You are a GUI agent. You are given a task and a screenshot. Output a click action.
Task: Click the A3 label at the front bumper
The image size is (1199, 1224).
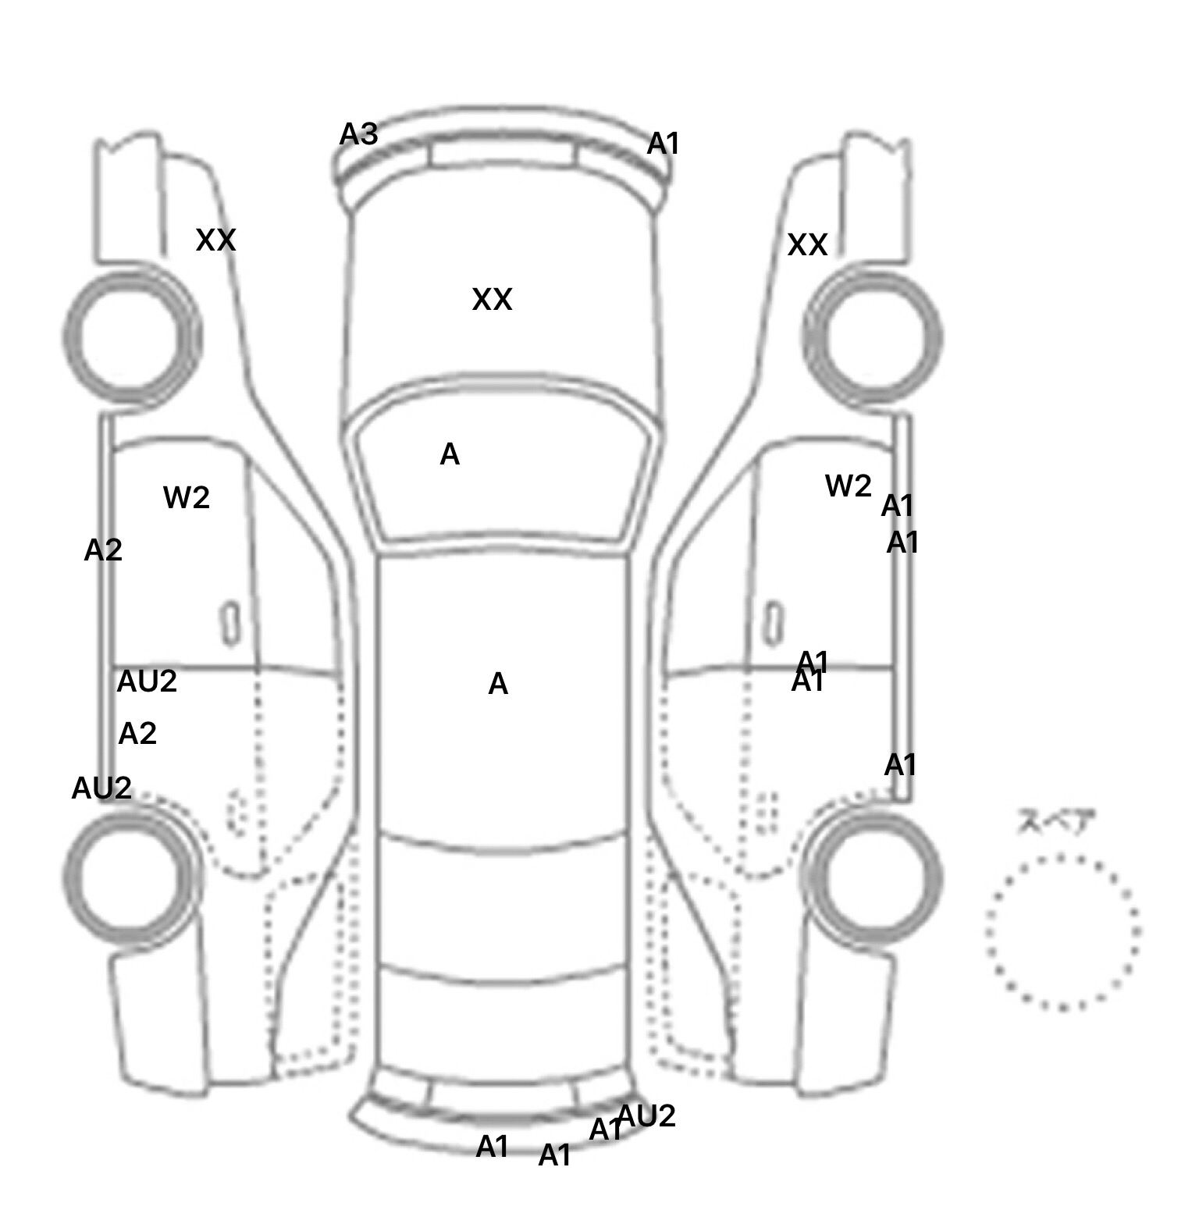click(359, 135)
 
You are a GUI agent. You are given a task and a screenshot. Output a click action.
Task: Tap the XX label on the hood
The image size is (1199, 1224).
click(492, 300)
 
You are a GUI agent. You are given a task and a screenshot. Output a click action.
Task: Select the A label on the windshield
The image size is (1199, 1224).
click(450, 454)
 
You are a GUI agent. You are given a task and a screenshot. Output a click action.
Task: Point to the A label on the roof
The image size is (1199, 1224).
click(498, 685)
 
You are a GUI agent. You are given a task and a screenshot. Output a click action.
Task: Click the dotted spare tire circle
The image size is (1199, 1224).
click(1062, 932)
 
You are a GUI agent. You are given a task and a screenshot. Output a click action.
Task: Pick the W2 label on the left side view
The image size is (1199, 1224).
click(187, 497)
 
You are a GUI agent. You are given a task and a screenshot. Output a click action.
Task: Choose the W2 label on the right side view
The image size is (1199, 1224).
click(848, 486)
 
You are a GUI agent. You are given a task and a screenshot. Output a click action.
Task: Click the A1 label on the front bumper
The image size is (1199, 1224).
click(664, 144)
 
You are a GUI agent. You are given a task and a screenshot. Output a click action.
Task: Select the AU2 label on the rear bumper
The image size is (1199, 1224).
click(646, 1116)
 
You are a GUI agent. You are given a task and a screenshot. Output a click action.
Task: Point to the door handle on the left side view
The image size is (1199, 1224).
click(230, 624)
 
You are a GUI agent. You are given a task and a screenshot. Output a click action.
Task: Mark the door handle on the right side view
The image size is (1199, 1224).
click(773, 623)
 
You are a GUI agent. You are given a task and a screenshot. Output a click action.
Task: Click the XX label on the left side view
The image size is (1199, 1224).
click(215, 240)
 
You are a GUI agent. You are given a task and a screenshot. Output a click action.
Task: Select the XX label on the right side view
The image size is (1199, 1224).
click(807, 245)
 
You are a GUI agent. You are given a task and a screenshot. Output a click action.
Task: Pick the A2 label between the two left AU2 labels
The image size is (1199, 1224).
click(137, 734)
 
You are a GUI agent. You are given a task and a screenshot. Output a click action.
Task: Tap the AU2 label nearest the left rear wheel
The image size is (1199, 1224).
click(101, 788)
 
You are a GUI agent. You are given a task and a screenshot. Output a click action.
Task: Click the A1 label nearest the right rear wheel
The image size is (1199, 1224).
click(900, 765)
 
